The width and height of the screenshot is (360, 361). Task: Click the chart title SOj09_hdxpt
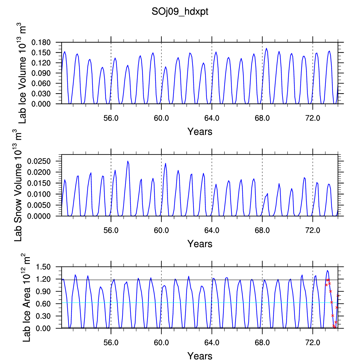point(180,12)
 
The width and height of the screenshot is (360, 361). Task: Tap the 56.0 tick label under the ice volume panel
point(111,118)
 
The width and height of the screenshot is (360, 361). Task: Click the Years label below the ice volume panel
point(200,132)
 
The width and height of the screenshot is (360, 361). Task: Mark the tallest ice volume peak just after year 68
point(266,48)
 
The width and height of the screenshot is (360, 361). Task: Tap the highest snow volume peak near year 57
point(128,161)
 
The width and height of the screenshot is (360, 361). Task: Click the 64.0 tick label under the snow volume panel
point(212,230)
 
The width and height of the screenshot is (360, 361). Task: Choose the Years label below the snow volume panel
point(200,244)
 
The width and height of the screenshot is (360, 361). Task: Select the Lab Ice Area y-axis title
point(27,298)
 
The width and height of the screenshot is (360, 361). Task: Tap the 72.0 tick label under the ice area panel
point(313,342)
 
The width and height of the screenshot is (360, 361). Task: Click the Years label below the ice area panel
point(200,356)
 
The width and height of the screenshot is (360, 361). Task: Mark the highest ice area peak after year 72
point(327,270)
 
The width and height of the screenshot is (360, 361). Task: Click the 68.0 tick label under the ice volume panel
point(262,118)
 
